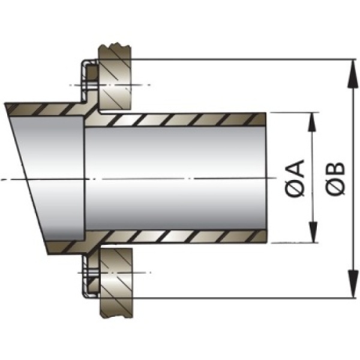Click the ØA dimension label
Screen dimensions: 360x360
[296, 178]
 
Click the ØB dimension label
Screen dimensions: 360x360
[335, 178]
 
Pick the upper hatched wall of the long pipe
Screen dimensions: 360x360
[180, 119]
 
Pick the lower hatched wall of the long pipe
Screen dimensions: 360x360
[180, 236]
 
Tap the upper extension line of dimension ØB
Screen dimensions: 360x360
[240, 59]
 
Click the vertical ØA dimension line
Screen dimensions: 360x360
[312, 150]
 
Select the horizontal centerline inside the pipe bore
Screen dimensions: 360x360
[180, 178]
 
